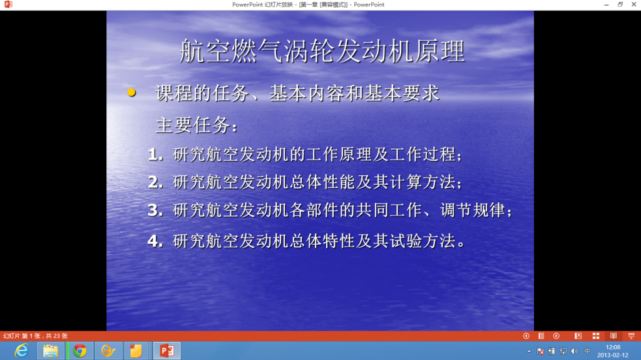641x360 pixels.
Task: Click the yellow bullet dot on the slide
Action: (x=131, y=93)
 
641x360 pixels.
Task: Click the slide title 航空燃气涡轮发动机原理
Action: (x=322, y=51)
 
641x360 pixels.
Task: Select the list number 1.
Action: (x=155, y=155)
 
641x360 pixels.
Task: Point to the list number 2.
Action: (x=155, y=182)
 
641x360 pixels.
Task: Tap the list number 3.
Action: (x=155, y=210)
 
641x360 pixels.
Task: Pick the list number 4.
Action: (x=155, y=241)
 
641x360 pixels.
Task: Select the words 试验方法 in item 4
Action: (x=422, y=241)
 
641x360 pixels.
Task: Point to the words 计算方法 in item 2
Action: (x=422, y=182)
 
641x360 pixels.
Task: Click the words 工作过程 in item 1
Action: (x=422, y=155)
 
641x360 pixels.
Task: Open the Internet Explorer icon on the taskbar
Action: (x=21, y=351)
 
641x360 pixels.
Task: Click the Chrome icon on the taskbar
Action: (x=79, y=351)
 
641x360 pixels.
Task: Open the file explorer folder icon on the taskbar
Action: (x=51, y=351)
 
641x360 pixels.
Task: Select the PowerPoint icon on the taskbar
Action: (x=167, y=351)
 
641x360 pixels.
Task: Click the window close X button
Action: (x=633, y=4)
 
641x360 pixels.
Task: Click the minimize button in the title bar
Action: (x=606, y=5)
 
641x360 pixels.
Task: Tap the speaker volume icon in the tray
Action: (x=575, y=351)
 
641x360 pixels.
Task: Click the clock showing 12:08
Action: (x=613, y=347)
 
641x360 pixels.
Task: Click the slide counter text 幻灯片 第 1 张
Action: (x=23, y=336)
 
